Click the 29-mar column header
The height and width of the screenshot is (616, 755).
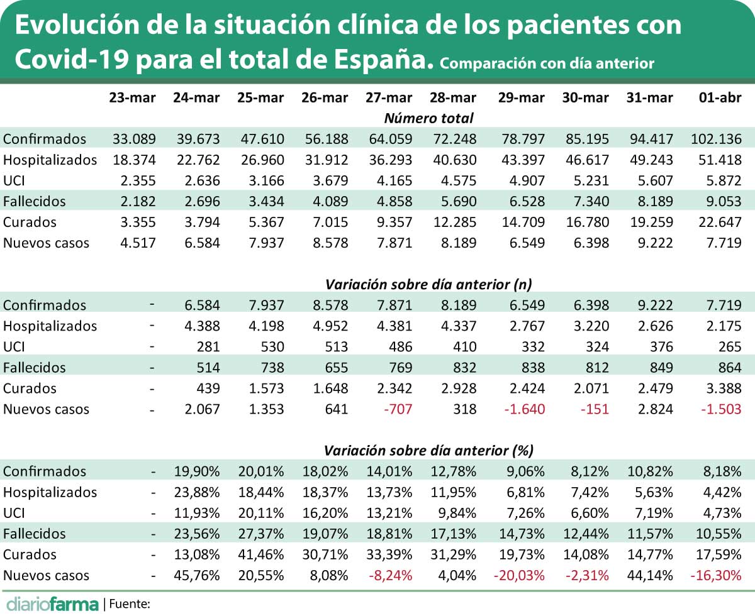[x=521, y=97]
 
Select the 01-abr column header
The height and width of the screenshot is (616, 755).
[x=720, y=97]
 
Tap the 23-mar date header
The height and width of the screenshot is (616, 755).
[x=132, y=97]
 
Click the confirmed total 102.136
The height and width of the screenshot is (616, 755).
[x=716, y=139]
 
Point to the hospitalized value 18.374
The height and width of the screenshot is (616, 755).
[x=134, y=160]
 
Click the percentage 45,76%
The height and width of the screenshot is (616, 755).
[x=196, y=575]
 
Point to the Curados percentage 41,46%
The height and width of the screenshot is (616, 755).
[x=260, y=554]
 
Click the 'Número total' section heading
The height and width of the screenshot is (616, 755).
[x=428, y=118]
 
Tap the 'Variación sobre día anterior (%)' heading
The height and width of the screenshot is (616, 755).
[x=428, y=451]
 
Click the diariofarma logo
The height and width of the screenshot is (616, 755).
[x=51, y=604]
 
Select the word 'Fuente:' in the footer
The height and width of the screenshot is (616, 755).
[x=130, y=604]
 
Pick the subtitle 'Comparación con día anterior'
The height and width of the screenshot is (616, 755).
[x=547, y=63]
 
